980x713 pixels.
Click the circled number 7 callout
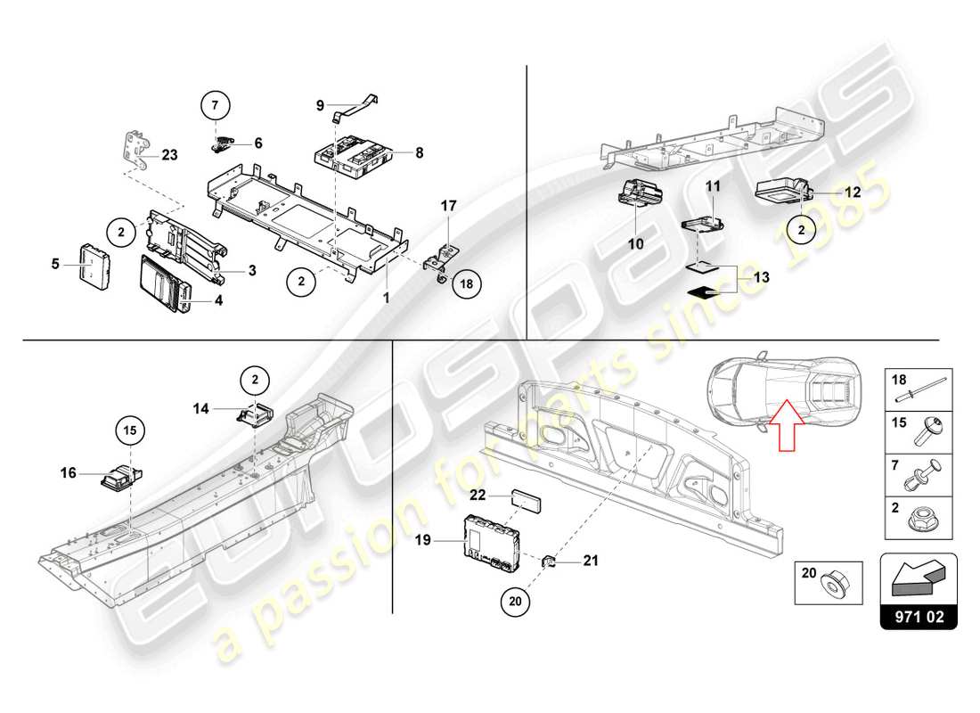tap(214, 105)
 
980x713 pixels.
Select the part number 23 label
tap(169, 154)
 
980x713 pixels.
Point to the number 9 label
tap(320, 105)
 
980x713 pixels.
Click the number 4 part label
tap(218, 300)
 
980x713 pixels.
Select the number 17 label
tap(448, 206)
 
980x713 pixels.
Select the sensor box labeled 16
tap(118, 476)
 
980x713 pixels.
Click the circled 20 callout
tap(513, 602)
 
